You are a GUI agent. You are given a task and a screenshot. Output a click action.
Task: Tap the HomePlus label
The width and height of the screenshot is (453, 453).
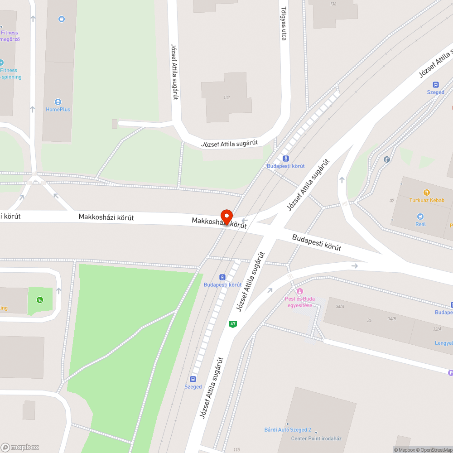tap(58, 109)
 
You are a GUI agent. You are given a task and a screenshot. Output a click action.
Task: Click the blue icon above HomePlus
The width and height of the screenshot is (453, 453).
tap(62, 19)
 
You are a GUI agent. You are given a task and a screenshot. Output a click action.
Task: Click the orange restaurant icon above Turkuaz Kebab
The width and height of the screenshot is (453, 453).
tap(426, 193)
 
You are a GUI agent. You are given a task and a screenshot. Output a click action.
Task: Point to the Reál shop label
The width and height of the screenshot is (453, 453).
tap(420, 224)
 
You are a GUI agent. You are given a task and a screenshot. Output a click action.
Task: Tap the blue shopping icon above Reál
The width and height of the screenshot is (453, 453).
tap(420, 217)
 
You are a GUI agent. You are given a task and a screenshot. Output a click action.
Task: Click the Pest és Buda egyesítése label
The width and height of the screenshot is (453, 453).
tap(299, 302)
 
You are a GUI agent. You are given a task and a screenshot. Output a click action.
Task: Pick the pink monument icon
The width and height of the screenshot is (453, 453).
tap(299, 291)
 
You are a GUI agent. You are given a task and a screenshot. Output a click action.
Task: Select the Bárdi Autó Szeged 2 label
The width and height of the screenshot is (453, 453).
tap(288, 429)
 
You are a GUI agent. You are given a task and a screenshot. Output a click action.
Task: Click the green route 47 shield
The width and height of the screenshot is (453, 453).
tap(233, 324)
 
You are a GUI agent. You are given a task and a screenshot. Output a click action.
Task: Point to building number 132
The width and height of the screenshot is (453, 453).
tap(226, 97)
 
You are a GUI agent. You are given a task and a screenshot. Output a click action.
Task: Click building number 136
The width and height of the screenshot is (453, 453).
tap(333, 4)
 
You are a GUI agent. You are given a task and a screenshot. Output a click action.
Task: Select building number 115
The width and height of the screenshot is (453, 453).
tap(236, 449)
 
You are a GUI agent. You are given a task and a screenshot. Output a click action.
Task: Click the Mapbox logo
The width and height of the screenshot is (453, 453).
tap(20, 447)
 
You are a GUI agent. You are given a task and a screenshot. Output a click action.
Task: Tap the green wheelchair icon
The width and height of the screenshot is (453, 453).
tap(40, 299)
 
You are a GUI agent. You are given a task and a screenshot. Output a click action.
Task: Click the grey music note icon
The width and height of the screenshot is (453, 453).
tap(386, 159)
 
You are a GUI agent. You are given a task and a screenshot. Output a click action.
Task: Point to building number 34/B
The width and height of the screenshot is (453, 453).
tap(392, 319)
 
